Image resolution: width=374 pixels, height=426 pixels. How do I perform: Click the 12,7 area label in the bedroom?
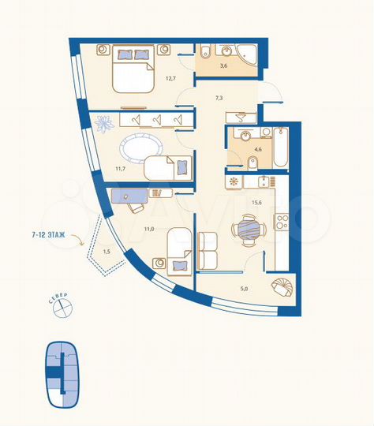(170, 78)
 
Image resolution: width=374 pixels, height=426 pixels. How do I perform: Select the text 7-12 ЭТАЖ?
(49, 234)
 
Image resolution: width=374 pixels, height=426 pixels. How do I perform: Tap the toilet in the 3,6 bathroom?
(204, 54)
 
